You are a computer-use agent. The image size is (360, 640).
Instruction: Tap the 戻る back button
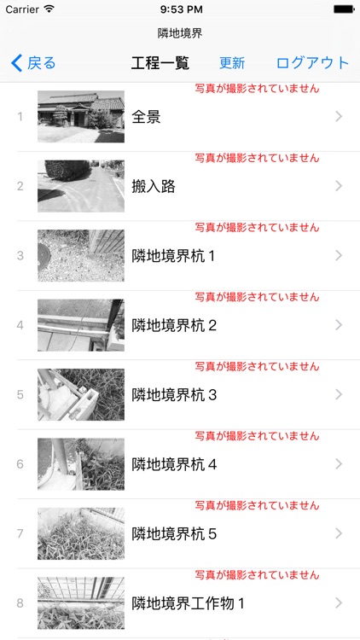(33, 63)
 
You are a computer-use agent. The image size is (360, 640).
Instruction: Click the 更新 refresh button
(232, 63)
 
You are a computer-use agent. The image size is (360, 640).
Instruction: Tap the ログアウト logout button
(312, 63)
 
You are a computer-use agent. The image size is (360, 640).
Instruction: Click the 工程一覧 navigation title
(160, 63)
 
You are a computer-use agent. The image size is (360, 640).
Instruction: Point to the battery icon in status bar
(343, 9)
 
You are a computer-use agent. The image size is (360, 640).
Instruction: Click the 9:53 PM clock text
(180, 9)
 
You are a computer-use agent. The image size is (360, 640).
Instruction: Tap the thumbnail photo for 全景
(81, 117)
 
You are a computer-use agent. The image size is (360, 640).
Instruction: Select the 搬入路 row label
(154, 186)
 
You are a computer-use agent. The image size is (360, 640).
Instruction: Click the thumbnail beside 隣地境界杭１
(81, 255)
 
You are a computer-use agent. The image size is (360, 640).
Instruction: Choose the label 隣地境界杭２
(175, 325)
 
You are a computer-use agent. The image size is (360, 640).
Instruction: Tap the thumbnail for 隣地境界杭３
(81, 394)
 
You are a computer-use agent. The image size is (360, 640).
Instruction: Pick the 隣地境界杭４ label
(175, 464)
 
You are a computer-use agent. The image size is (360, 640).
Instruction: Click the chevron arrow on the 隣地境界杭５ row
(339, 533)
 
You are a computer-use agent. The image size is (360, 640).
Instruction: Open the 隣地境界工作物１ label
(189, 603)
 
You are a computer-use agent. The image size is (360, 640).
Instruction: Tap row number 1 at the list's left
(20, 117)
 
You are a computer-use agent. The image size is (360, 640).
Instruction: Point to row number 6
(20, 464)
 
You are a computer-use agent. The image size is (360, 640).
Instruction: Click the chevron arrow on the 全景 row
(339, 117)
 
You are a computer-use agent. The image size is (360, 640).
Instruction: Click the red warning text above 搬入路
(257, 158)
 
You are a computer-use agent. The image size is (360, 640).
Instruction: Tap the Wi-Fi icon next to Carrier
(49, 9)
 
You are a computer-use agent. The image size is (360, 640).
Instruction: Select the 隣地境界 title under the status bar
(180, 33)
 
